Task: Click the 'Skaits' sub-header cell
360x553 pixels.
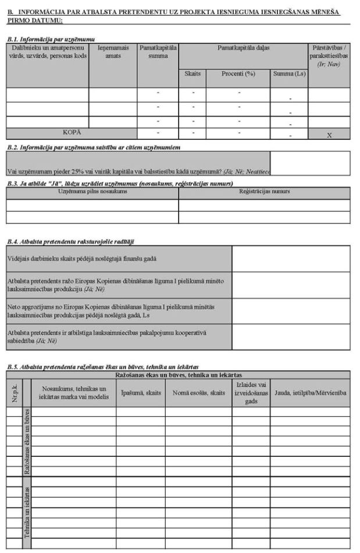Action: [x=192, y=74]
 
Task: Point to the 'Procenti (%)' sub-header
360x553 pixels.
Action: [x=238, y=74]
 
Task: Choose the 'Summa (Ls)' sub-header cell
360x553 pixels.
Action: [x=289, y=74]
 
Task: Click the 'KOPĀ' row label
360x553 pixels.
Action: [x=72, y=133]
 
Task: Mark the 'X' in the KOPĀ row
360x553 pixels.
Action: [x=329, y=134]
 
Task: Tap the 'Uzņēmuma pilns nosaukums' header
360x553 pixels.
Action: [x=92, y=191]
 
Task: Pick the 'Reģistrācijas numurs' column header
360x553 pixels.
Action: [x=264, y=191]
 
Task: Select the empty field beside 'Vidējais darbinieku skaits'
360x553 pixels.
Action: [x=291, y=259]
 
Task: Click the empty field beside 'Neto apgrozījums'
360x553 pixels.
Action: [x=291, y=311]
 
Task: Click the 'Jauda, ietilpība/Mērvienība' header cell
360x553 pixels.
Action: [x=310, y=393]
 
